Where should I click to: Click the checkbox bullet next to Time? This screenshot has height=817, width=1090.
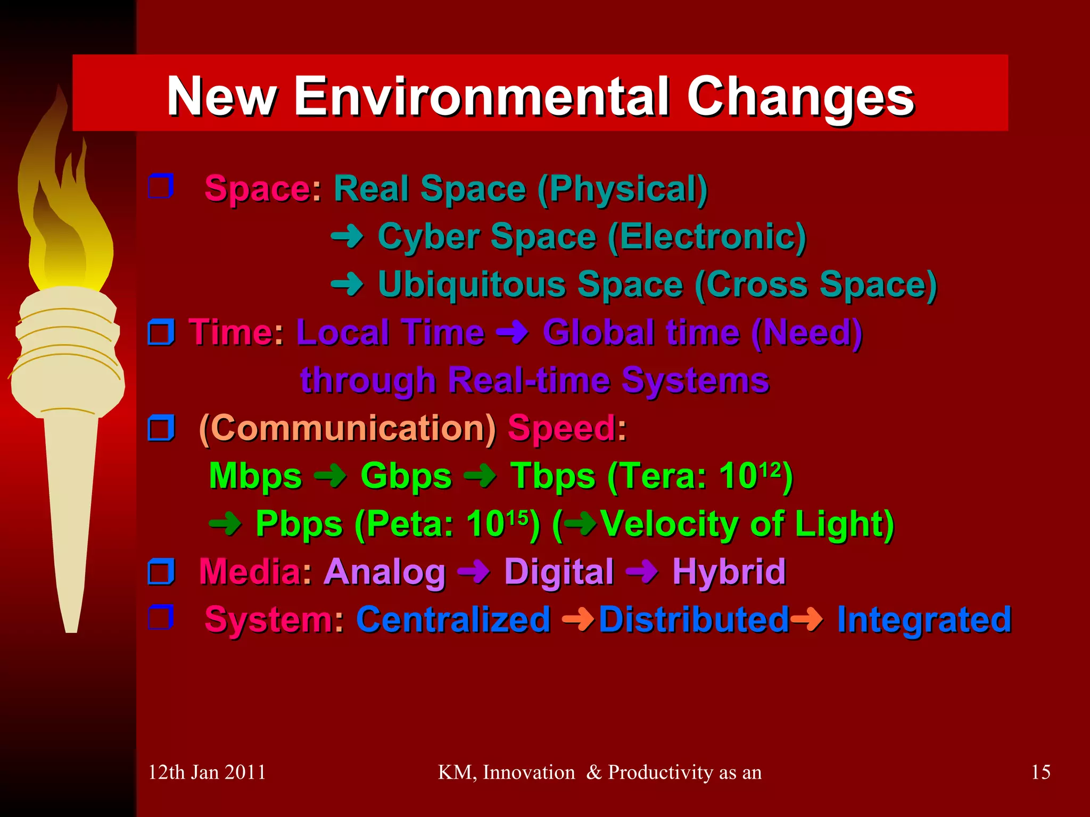pos(161,332)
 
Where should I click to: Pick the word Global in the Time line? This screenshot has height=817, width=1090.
pos(597,332)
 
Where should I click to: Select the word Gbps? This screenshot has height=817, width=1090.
pos(406,476)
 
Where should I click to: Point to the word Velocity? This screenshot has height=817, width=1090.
pos(668,524)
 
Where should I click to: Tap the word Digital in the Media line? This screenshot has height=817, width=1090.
pos(559,572)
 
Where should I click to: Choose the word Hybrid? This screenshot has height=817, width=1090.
pos(729,572)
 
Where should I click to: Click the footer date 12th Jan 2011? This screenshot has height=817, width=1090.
pos(207,772)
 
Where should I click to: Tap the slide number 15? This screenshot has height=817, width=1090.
pos(1041,772)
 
